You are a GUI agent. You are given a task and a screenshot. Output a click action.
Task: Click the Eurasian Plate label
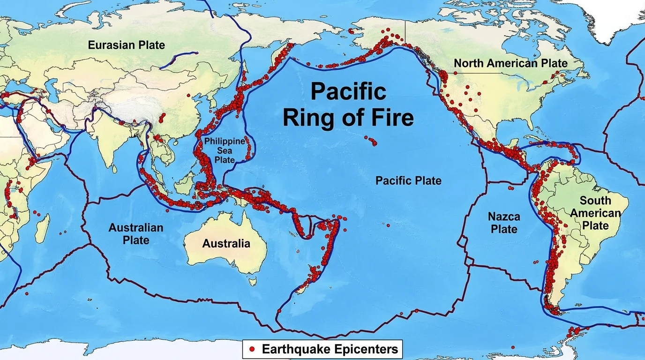(x=127, y=45)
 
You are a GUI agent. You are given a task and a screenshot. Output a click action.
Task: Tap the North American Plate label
(x=510, y=63)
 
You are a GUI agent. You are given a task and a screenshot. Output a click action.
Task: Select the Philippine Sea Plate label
(x=225, y=150)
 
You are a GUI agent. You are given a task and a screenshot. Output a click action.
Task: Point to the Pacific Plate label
(x=408, y=180)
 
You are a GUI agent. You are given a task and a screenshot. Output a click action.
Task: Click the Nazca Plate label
(x=504, y=223)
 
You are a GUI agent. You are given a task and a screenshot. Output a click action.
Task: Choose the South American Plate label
(x=595, y=213)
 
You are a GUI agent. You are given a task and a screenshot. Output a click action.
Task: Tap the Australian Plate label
(x=136, y=233)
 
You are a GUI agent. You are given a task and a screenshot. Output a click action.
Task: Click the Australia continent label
(x=226, y=243)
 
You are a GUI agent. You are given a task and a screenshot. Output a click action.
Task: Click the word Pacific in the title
(x=348, y=91)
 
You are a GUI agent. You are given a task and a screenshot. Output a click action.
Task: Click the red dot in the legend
(x=252, y=349)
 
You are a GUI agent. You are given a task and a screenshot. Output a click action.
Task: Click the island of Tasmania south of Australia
(x=253, y=281)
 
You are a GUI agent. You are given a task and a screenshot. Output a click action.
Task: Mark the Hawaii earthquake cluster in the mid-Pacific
(x=372, y=140)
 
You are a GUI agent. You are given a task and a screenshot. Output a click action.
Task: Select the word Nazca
(x=504, y=217)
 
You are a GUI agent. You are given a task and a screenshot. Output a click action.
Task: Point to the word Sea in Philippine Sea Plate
(x=225, y=150)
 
